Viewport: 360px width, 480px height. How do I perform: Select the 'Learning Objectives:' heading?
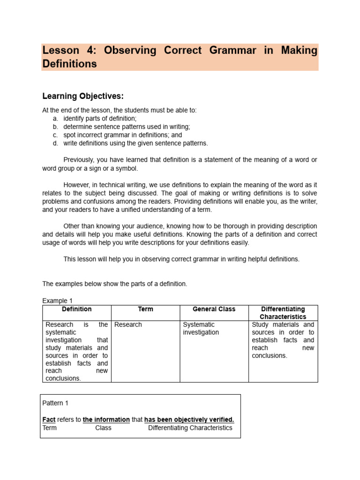[83, 96]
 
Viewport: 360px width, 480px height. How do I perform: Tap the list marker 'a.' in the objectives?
[55, 119]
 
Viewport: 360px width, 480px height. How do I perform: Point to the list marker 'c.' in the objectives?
[55, 135]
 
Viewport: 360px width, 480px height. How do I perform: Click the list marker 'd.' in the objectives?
[55, 143]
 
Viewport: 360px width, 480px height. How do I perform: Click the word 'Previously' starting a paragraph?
[78, 160]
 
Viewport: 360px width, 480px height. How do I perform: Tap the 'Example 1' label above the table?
[57, 300]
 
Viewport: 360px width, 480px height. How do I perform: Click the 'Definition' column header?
[76, 309]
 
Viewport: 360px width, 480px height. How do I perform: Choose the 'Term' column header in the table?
[145, 309]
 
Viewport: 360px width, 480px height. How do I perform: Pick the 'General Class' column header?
[214, 309]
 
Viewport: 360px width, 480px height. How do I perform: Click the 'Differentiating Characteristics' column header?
[283, 313]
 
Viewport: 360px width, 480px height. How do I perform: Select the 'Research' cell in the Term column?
[128, 324]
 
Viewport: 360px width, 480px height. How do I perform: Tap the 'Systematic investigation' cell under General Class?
[201, 328]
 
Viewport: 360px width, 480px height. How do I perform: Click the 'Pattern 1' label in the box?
[55, 403]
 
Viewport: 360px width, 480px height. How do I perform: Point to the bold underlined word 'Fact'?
[49, 420]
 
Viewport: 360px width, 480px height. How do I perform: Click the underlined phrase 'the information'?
[106, 420]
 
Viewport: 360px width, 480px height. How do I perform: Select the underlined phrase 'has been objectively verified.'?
[189, 420]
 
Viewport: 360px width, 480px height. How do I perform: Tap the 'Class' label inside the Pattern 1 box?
[103, 427]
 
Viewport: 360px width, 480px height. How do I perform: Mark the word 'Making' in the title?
[299, 51]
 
